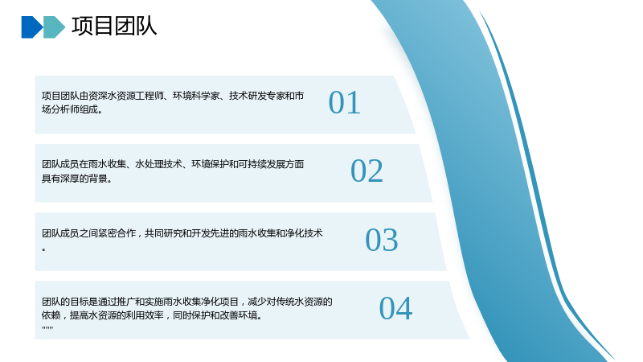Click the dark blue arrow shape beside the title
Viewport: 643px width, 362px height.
tap(32, 27)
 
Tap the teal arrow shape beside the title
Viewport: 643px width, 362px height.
tap(54, 27)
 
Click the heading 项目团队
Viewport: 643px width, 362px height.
tap(114, 26)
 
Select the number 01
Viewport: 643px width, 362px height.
tap(345, 102)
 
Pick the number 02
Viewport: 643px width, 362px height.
tap(367, 171)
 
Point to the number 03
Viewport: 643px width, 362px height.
tap(382, 240)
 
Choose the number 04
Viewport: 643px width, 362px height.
tap(395, 308)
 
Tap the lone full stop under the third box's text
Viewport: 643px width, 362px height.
tap(44, 249)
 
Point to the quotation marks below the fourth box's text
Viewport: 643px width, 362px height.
tap(47, 327)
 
